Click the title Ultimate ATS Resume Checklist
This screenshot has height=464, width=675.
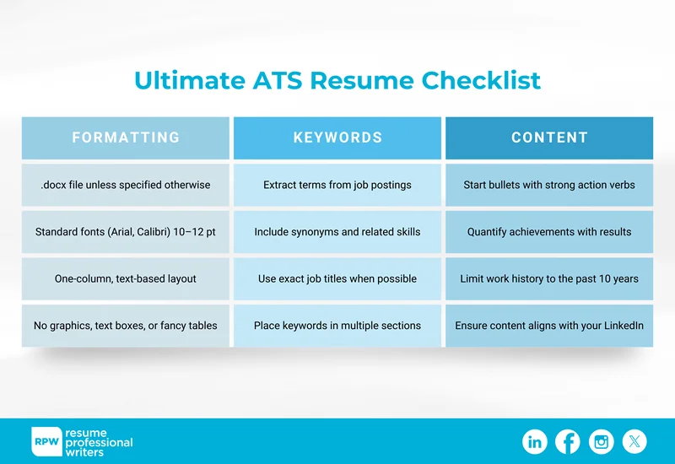(x=337, y=81)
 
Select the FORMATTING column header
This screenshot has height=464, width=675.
(x=126, y=138)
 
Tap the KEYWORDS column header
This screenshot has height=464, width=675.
(x=337, y=138)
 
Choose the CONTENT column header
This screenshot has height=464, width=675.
(x=549, y=138)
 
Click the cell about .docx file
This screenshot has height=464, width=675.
(x=126, y=185)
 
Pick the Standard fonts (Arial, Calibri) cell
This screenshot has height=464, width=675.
(x=126, y=232)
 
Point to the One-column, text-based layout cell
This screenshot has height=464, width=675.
(x=126, y=278)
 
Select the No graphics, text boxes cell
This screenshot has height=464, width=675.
(x=126, y=326)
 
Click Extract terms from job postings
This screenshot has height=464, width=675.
(x=337, y=185)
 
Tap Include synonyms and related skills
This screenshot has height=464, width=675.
(x=337, y=232)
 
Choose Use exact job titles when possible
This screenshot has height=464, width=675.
(x=337, y=278)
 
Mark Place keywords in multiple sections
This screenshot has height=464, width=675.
(x=337, y=326)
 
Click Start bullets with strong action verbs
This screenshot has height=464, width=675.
(x=549, y=185)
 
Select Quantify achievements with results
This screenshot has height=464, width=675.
(x=549, y=232)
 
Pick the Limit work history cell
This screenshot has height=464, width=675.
(x=549, y=278)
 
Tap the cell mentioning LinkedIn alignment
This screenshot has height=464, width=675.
(x=549, y=326)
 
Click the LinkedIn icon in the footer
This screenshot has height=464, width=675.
(x=535, y=441)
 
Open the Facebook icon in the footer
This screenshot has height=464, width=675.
(x=568, y=441)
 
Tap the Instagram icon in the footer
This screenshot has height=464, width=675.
(x=602, y=441)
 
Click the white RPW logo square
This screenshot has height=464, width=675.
(x=46, y=441)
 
